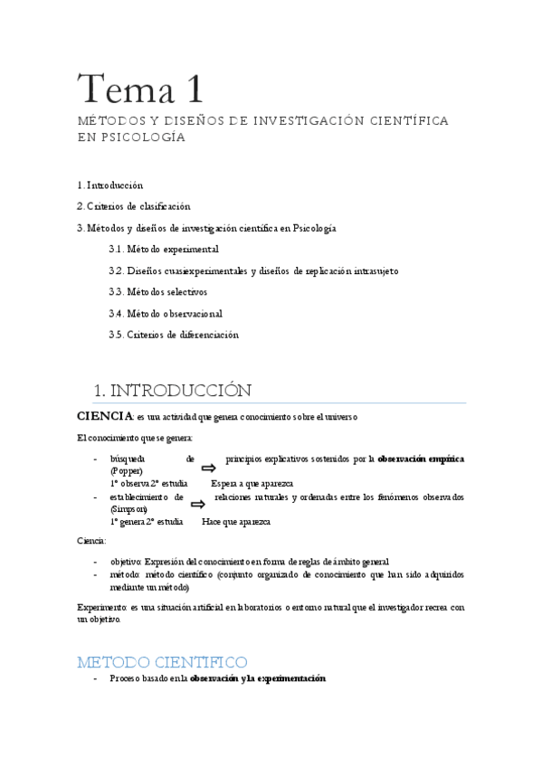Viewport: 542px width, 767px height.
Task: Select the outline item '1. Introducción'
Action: (x=110, y=185)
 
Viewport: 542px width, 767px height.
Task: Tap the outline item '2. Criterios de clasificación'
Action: (x=133, y=206)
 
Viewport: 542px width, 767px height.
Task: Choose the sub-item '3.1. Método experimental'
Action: (x=164, y=249)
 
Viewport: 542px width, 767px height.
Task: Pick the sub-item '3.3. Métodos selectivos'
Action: (x=157, y=292)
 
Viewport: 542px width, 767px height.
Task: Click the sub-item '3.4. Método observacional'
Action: (x=165, y=314)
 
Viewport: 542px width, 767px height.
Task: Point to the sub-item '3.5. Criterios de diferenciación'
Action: (x=174, y=335)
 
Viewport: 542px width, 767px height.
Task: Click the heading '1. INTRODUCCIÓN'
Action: (x=173, y=390)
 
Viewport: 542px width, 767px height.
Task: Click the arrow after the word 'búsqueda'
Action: (x=207, y=467)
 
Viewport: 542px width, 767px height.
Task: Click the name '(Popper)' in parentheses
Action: (x=127, y=471)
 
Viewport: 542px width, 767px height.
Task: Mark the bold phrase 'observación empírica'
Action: (x=421, y=459)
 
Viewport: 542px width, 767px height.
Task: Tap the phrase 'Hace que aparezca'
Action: (x=235, y=522)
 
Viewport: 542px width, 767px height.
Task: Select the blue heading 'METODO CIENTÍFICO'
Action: (x=163, y=661)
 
